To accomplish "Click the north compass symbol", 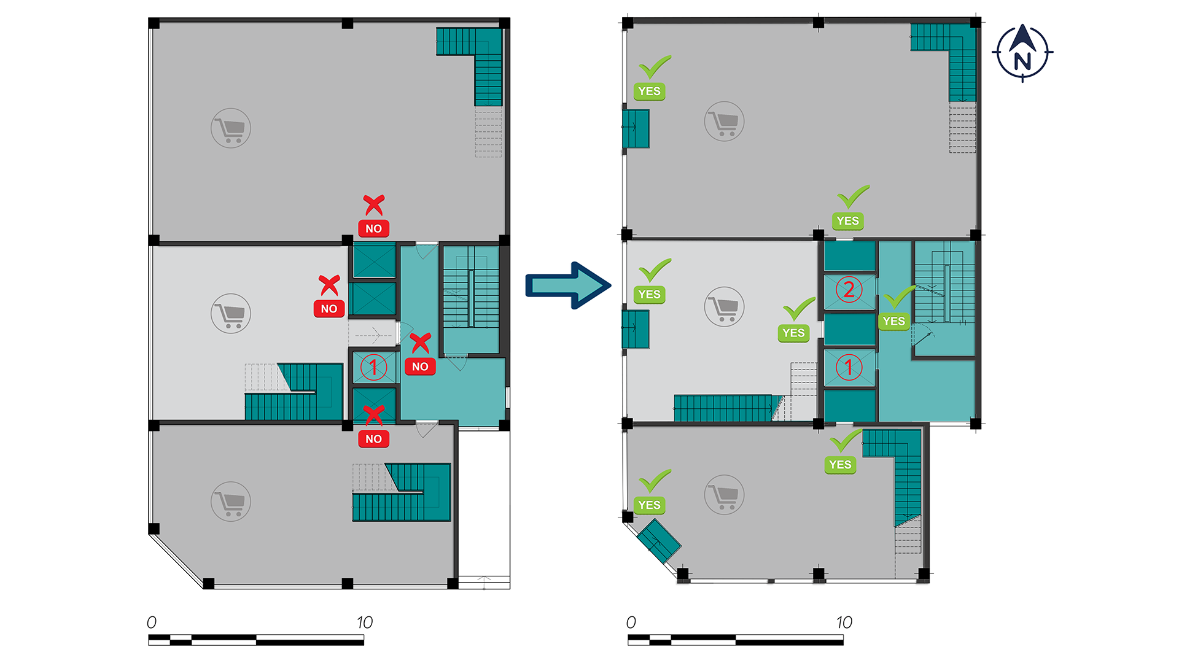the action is point(1022,53).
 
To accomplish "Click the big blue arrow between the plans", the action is point(568,285).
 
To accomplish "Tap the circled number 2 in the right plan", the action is point(849,289).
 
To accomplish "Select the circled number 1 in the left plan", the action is point(373,367).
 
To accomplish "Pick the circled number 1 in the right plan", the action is point(849,367).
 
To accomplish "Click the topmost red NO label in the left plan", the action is point(373,228).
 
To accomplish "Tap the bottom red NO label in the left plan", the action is point(373,439).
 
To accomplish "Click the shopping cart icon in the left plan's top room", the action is point(231,128).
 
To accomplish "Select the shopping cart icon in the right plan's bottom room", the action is point(725,495).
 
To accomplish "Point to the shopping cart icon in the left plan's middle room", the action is point(231,313).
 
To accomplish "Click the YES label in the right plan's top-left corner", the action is point(649,91).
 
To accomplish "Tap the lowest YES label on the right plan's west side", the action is point(649,505).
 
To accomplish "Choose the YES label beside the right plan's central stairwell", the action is point(893,321).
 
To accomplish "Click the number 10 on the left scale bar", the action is point(365,622).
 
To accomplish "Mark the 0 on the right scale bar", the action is point(631,622).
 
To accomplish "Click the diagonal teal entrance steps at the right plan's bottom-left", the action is point(659,541).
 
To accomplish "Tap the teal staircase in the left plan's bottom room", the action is point(402,492).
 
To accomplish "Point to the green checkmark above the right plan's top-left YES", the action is point(655,67).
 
